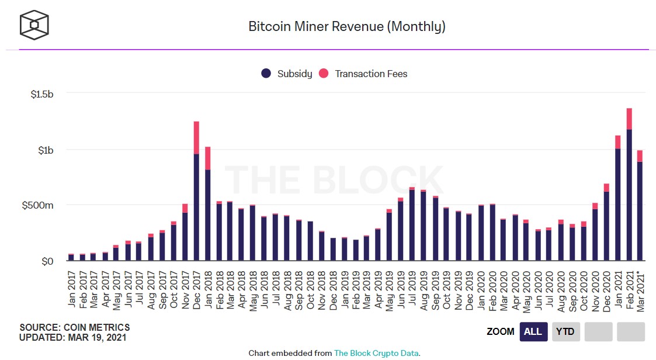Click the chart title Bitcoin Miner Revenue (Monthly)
[346, 26]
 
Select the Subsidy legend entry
[287, 74]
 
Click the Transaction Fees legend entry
[363, 74]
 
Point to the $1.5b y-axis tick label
[42, 94]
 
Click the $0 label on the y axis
[46, 261]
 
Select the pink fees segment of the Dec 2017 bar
[196, 137]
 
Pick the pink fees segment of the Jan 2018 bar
[208, 158]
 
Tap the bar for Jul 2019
[412, 225]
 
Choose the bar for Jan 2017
[71, 257]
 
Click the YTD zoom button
[565, 331]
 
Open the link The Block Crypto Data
[376, 353]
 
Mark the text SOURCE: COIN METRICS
[75, 327]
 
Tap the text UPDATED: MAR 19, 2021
[73, 337]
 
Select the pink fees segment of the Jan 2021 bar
[617, 142]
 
